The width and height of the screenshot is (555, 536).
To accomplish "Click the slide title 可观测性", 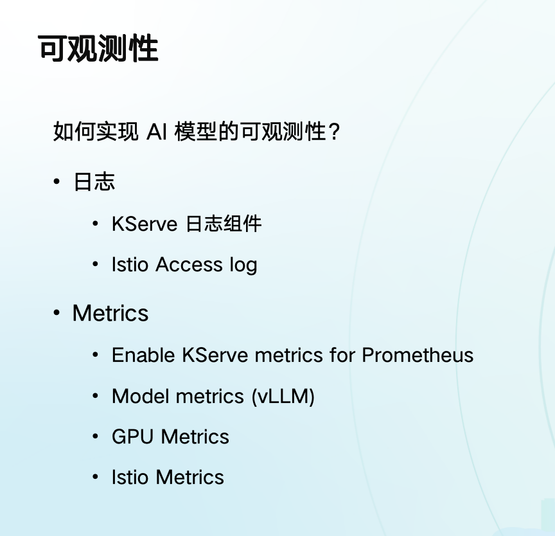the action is click(x=98, y=48).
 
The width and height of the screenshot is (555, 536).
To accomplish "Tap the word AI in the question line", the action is click(x=156, y=131).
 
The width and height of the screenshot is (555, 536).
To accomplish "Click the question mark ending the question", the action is click(x=334, y=132).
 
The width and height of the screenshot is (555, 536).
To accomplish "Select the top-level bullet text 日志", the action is click(x=94, y=182).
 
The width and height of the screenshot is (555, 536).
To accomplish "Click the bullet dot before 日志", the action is click(x=57, y=182).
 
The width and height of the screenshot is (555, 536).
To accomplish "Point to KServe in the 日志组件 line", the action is click(x=145, y=224).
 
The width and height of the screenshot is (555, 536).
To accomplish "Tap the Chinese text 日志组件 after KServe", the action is click(x=224, y=224).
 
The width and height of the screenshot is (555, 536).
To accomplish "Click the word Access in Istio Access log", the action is click(x=189, y=264).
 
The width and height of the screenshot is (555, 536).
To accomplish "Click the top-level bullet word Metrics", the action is click(x=110, y=313).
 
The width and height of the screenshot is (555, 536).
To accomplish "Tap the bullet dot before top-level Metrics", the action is click(x=57, y=313).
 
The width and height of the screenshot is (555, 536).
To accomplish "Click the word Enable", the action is click(x=143, y=355).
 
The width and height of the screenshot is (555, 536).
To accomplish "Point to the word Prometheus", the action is click(x=418, y=355).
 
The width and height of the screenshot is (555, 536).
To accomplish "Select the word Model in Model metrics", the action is click(x=141, y=396).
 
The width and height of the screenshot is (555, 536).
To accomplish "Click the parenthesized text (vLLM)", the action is click(x=283, y=397).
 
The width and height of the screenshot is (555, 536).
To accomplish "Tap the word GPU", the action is click(x=133, y=436).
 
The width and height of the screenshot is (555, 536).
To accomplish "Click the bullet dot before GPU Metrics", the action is click(x=95, y=436).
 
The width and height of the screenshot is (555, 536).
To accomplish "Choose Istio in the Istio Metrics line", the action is click(x=130, y=478).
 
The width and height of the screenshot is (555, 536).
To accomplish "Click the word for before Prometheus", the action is click(x=342, y=355).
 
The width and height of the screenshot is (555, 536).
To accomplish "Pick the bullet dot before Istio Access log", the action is click(x=95, y=264).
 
